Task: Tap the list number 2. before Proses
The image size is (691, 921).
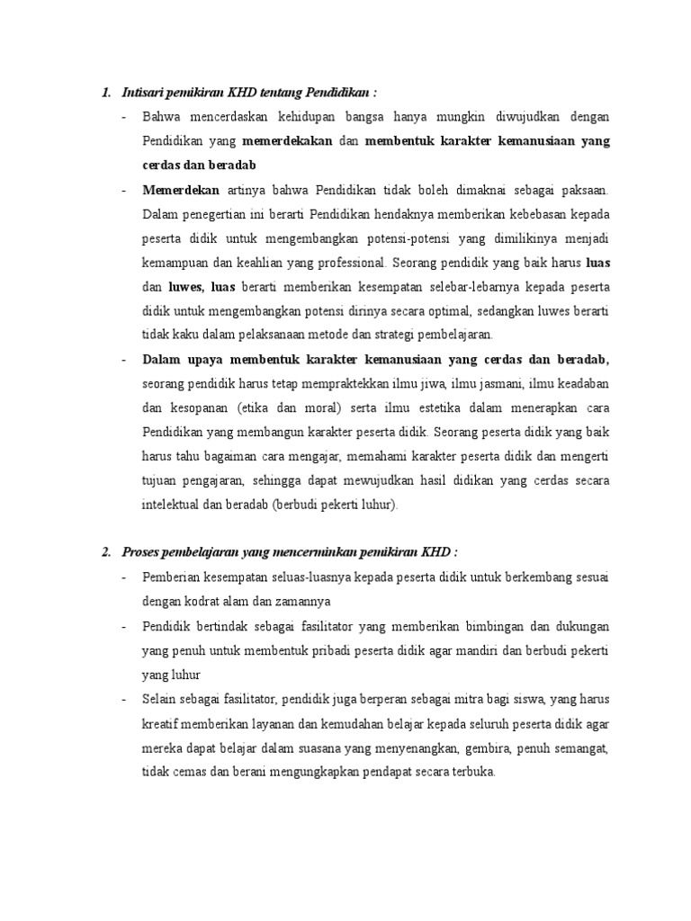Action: [107, 551]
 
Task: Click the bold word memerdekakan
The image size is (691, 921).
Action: [288, 141]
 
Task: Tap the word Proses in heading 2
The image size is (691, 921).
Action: [140, 551]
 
